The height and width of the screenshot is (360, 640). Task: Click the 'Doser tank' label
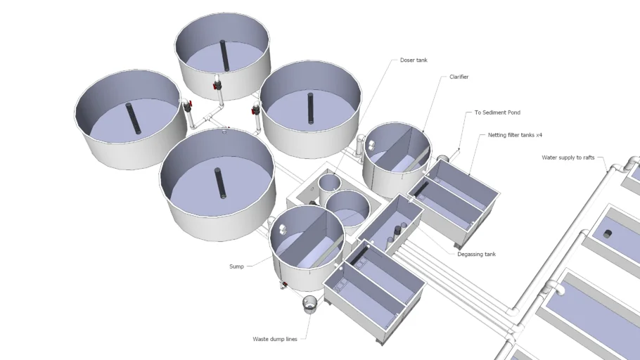click(x=414, y=60)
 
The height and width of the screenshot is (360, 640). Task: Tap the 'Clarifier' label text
click(x=459, y=77)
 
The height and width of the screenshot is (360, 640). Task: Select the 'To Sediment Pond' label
click(x=497, y=112)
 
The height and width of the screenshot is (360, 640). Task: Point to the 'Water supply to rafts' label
click(x=568, y=157)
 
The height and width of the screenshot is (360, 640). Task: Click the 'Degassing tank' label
click(x=476, y=254)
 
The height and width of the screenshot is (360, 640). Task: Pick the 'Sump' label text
click(x=236, y=266)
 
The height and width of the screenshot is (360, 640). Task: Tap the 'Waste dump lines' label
click(x=275, y=339)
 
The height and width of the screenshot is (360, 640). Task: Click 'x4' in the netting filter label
click(x=538, y=135)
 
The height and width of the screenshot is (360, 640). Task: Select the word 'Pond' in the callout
click(x=513, y=112)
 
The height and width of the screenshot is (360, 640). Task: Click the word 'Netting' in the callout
click(x=497, y=135)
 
